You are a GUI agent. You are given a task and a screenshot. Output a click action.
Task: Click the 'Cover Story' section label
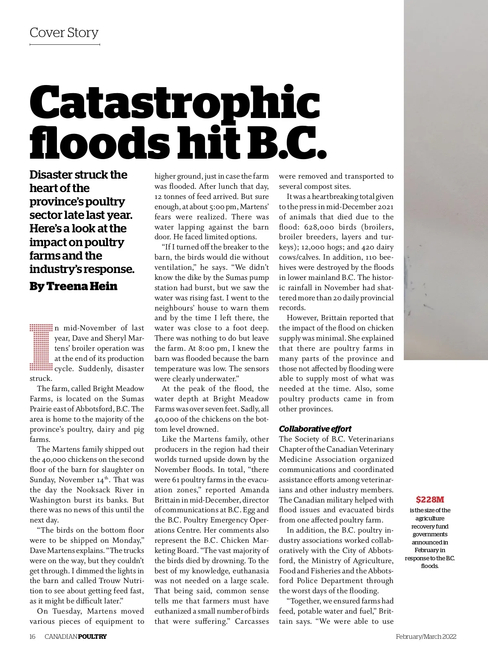point(64,33)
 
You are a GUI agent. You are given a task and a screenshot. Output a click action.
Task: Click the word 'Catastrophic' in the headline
point(175,102)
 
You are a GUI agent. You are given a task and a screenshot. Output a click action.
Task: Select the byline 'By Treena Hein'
point(73,286)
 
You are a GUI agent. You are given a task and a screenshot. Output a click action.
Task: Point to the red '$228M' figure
point(430,500)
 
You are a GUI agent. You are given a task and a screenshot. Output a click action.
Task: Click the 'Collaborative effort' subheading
point(315,429)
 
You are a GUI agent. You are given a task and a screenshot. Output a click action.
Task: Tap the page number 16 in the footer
point(33,636)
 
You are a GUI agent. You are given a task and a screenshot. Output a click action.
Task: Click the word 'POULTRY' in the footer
point(92,636)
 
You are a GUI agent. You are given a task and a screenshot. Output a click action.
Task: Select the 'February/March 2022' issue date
point(426,636)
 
